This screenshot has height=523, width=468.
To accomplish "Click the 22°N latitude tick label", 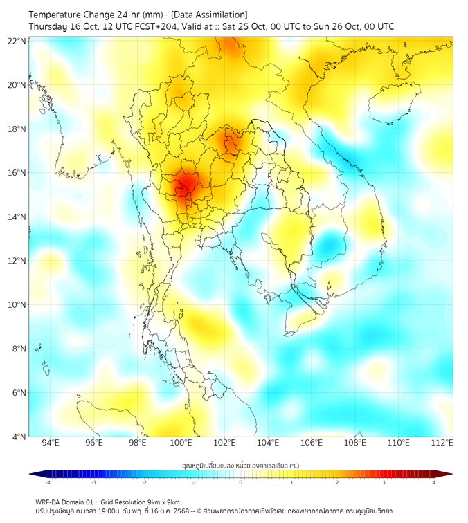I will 18,41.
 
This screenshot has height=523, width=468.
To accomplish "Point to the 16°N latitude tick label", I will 18,173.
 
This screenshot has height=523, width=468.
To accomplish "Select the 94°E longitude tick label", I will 51,443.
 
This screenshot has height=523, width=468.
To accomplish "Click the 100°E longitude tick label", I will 181,443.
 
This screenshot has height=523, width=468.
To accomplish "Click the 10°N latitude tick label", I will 18,305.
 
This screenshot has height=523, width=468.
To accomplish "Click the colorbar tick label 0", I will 240,482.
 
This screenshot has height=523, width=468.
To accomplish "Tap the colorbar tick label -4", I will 47,482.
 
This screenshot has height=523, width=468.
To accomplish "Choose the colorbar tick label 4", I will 434,482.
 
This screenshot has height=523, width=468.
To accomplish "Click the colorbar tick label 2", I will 337,482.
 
